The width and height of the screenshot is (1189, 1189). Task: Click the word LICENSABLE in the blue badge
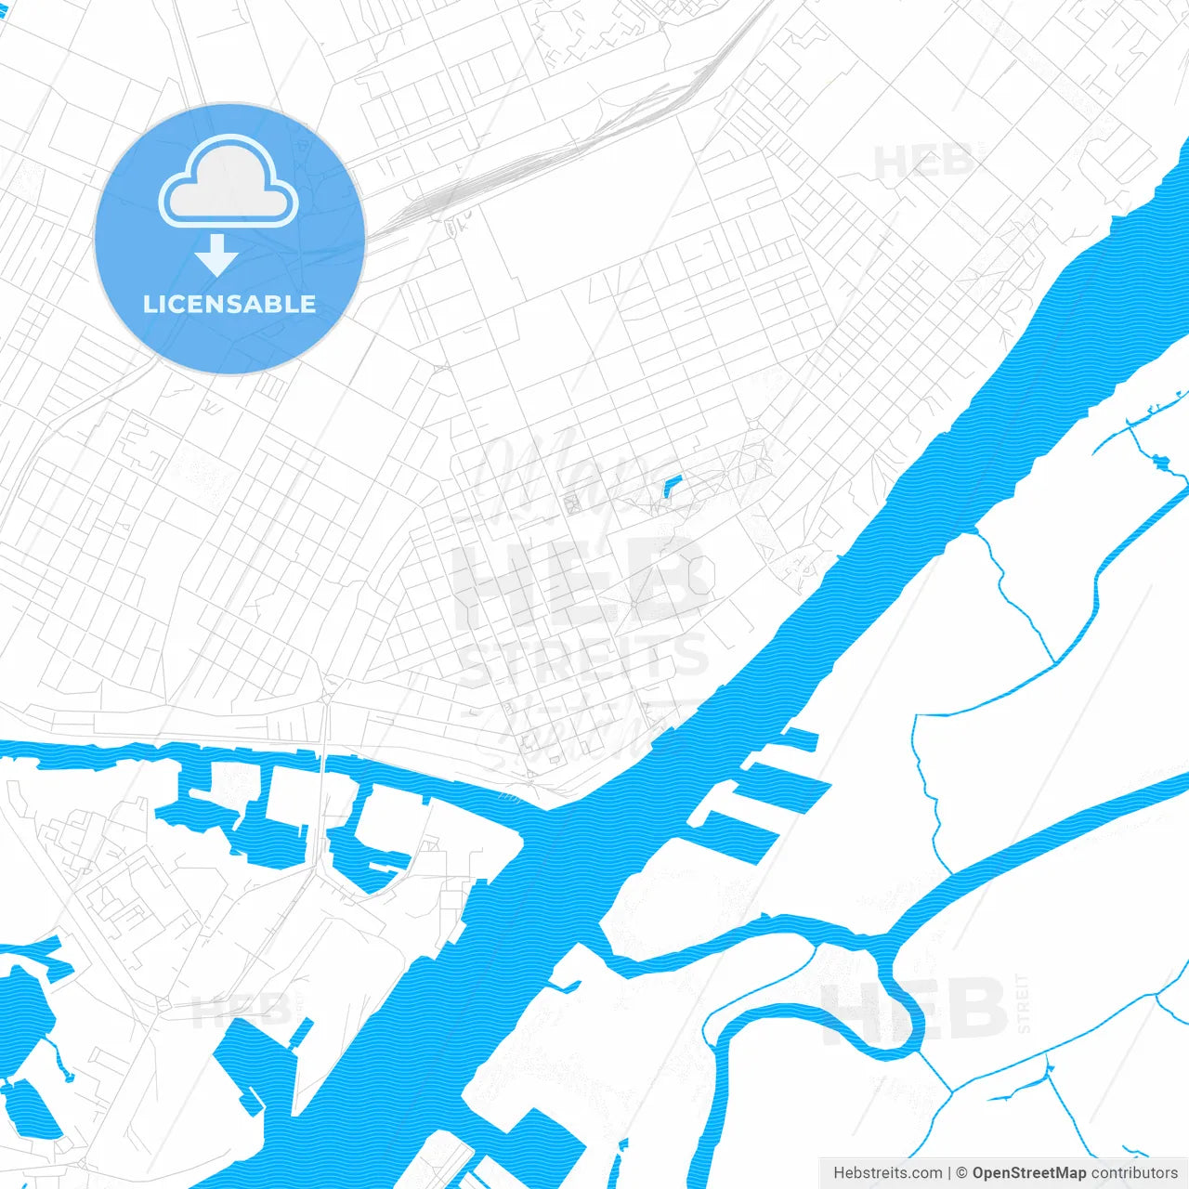(x=229, y=304)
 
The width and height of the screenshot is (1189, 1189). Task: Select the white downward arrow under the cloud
(x=217, y=255)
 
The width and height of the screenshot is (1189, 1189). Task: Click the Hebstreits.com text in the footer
(x=887, y=1173)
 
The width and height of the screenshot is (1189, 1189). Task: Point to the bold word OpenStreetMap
(x=1028, y=1173)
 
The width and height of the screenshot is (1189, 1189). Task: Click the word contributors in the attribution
(x=1134, y=1173)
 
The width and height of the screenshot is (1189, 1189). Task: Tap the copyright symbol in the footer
(x=962, y=1173)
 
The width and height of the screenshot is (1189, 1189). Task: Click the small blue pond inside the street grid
(x=673, y=486)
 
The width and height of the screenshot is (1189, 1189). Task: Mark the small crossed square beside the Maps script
(x=572, y=503)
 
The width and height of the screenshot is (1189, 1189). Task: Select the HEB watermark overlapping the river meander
(x=915, y=1010)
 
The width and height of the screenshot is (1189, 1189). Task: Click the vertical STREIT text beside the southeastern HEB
(x=1024, y=1003)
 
